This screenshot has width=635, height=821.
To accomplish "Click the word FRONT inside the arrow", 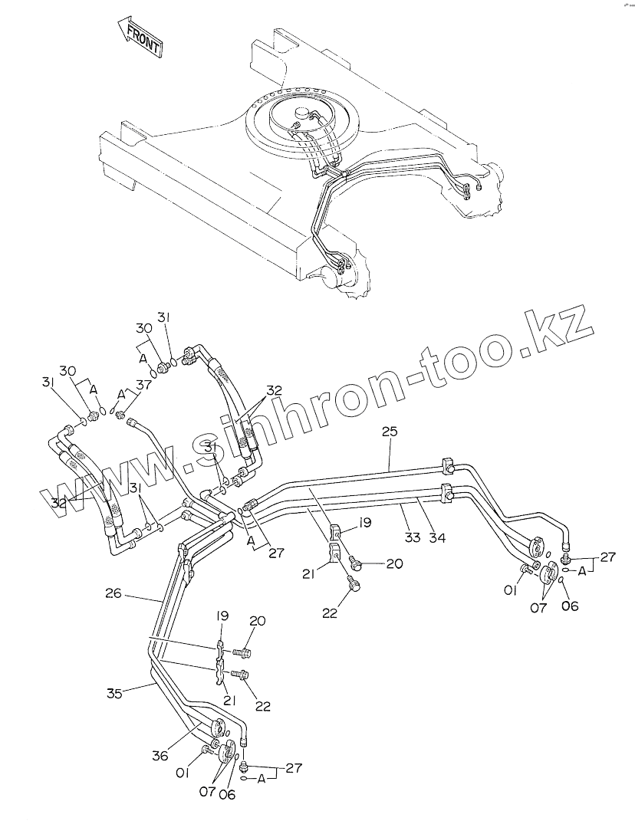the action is point(143,39).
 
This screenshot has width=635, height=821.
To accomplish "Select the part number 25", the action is point(390,432).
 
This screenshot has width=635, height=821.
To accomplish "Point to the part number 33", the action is point(413,537).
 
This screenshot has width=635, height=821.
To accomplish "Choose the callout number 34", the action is point(436,537).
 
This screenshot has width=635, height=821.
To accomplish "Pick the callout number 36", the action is point(160,755).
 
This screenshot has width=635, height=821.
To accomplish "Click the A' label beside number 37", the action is point(120,394).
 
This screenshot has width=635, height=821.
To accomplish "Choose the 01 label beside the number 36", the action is point(183,773).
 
